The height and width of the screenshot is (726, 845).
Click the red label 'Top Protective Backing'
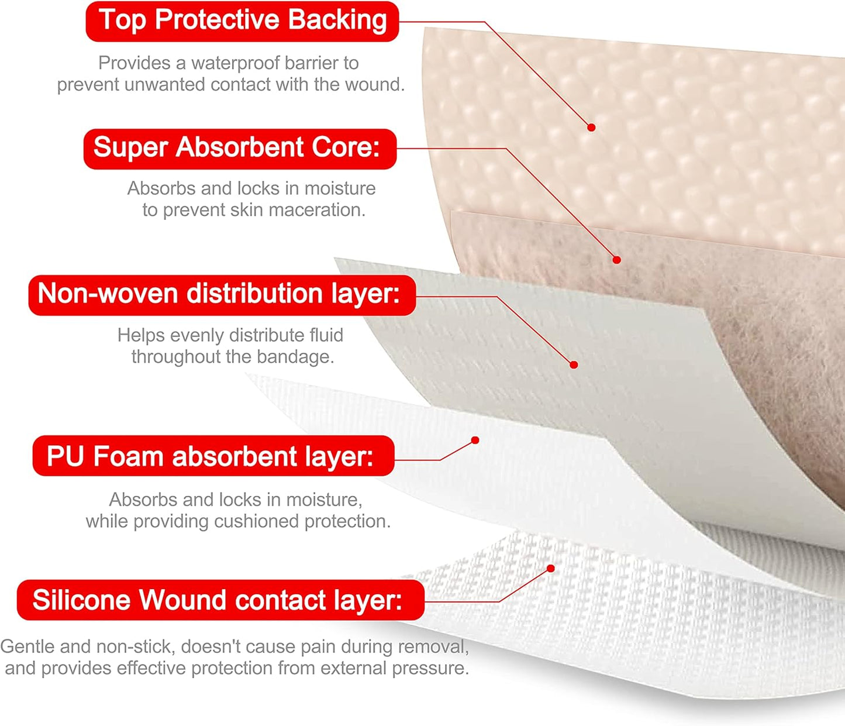242,21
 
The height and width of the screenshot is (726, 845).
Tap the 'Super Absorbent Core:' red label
240,149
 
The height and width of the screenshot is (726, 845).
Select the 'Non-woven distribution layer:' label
222,294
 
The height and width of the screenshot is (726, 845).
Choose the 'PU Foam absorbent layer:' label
213,456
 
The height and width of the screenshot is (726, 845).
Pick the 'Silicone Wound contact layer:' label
220,600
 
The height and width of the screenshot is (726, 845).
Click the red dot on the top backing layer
591,127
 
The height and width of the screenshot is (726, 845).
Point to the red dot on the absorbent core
616,260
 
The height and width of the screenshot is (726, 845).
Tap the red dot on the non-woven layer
574,364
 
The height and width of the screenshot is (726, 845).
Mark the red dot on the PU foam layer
475,440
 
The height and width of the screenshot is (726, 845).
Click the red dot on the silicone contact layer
550,569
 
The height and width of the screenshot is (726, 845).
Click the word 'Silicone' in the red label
81,600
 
